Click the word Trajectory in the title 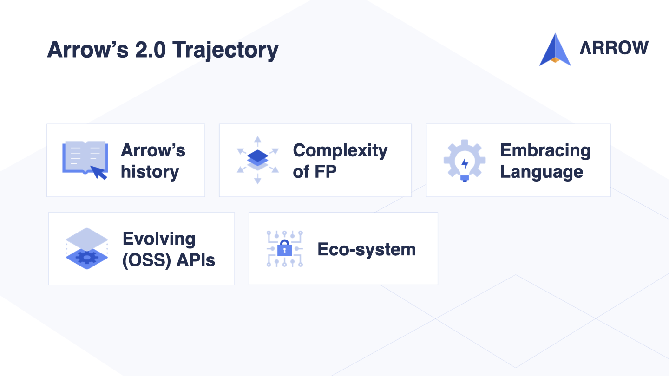click(225, 51)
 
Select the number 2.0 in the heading click(150, 50)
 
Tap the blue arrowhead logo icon click(555, 50)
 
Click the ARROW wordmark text click(614, 48)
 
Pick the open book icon click(85, 157)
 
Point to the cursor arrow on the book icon click(98, 173)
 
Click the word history click(150, 172)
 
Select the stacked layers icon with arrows click(258, 160)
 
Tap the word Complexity click(340, 151)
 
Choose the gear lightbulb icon click(465, 161)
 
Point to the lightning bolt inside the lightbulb click(465, 163)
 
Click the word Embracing click(545, 151)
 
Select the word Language click(542, 172)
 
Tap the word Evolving click(159, 240)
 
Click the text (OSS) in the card click(147, 260)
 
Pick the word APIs click(196, 260)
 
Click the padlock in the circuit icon click(284, 248)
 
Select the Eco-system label click(367, 249)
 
